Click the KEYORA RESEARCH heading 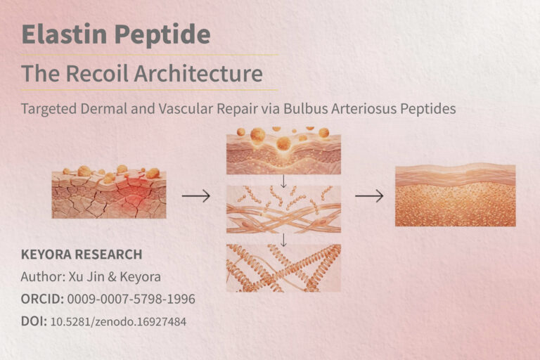(82, 255)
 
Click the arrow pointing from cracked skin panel (196, 196)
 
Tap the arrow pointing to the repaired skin (368, 196)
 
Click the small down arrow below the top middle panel (283, 181)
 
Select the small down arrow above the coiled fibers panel (283, 238)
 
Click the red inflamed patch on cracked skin (132, 199)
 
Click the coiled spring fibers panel (283, 268)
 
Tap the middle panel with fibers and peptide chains (283, 209)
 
